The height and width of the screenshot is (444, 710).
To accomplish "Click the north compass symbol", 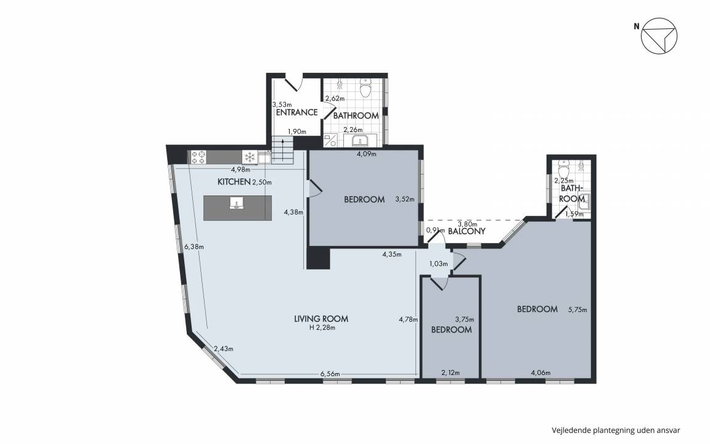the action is tap(659, 36).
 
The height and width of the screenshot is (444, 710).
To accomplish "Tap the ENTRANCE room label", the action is tap(296, 112).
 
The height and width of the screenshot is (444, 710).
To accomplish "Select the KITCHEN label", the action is tap(234, 182).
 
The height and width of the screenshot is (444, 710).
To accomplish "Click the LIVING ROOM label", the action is tap(321, 319).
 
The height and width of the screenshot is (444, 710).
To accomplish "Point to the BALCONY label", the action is tap(467, 231).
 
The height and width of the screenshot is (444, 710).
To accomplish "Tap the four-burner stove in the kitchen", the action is tap(198, 157).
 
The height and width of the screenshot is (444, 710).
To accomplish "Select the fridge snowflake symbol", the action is tap(250, 157).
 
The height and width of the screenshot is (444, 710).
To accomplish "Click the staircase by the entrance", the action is tap(283, 149).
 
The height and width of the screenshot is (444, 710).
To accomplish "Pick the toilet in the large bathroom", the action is tap(365, 88).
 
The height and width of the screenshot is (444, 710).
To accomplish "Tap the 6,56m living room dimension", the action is tap(330, 374).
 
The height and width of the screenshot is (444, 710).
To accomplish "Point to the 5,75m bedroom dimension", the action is tap(577, 310).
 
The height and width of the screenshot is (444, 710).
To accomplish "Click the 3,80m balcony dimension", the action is tap(467, 224).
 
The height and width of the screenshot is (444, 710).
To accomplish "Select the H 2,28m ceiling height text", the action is tap(322, 327).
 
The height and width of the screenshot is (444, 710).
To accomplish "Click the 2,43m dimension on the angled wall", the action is tap(224, 349).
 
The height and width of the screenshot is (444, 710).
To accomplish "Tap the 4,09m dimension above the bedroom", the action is tap(367, 154).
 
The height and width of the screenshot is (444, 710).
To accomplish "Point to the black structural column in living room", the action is tap(318, 258).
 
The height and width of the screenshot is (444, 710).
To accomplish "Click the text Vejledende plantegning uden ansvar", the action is tap(616, 430).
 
